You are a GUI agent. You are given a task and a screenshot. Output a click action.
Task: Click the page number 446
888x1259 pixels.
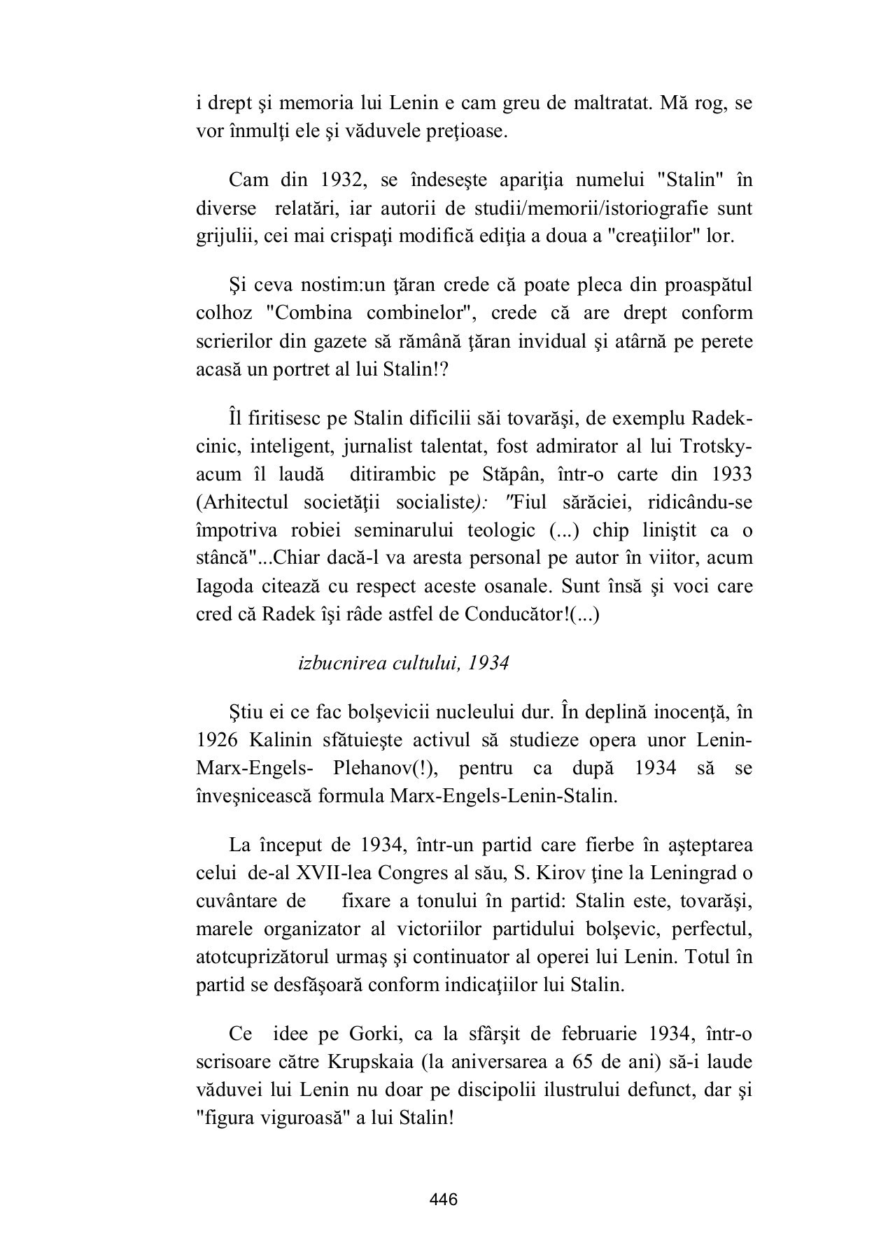444,1200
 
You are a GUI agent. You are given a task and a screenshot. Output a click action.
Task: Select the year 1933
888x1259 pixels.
731,474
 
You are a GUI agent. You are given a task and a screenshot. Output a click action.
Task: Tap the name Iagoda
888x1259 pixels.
225,586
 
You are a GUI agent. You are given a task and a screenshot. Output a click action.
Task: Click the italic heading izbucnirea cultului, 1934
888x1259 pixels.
403,663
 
